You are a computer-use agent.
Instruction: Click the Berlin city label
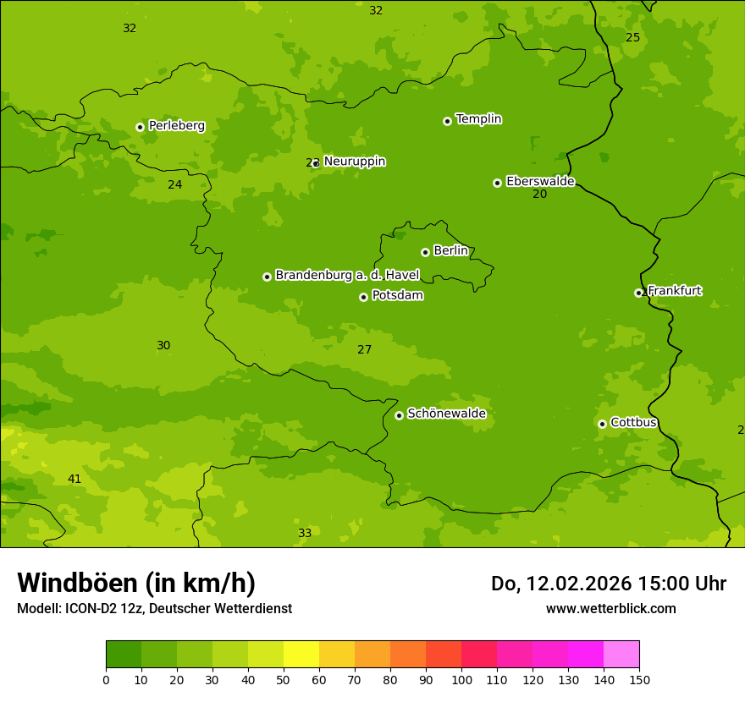pyautogui.click(x=450, y=251)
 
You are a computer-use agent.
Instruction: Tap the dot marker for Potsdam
pyautogui.click(x=364, y=297)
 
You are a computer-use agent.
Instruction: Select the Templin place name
pyautogui.click(x=478, y=119)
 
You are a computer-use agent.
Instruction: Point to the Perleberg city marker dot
pyautogui.click(x=140, y=127)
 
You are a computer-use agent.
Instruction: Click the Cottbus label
pyautogui.click(x=633, y=422)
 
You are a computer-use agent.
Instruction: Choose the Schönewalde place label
pyautogui.click(x=446, y=414)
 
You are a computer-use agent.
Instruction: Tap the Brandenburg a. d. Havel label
pyautogui.click(x=347, y=275)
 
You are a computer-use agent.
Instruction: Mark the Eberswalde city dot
pyautogui.click(x=497, y=183)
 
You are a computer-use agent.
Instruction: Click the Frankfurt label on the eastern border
pyautogui.click(x=674, y=291)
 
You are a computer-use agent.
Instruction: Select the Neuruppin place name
pyautogui.click(x=354, y=162)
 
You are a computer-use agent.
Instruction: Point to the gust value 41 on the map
pyautogui.click(x=74, y=480)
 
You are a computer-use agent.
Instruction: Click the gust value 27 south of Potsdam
pyautogui.click(x=364, y=350)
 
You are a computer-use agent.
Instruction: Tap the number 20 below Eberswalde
pyautogui.click(x=539, y=195)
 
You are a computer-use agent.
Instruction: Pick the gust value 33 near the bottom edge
pyautogui.click(x=305, y=534)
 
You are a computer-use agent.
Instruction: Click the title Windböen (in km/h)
pyautogui.click(x=136, y=583)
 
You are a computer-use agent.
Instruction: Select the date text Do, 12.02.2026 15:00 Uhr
pyautogui.click(x=608, y=584)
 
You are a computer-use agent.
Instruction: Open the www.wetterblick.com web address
pyautogui.click(x=610, y=608)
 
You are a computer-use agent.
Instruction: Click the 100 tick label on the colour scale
pyautogui.click(x=461, y=679)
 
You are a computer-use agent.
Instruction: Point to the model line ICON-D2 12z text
pyautogui.click(x=154, y=609)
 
